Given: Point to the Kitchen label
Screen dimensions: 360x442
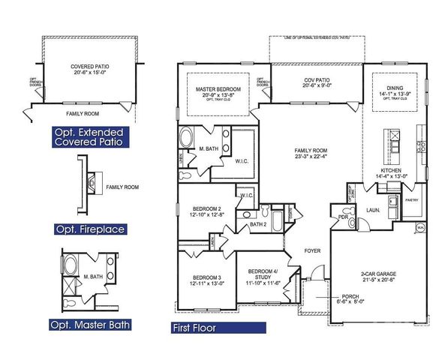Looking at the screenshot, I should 392,171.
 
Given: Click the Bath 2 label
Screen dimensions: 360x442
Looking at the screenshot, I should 258,224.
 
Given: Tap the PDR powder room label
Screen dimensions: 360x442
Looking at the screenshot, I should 342,218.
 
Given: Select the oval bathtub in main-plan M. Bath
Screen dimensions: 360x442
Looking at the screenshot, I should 187,139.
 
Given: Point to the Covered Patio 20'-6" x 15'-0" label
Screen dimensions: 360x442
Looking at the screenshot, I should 89,69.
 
